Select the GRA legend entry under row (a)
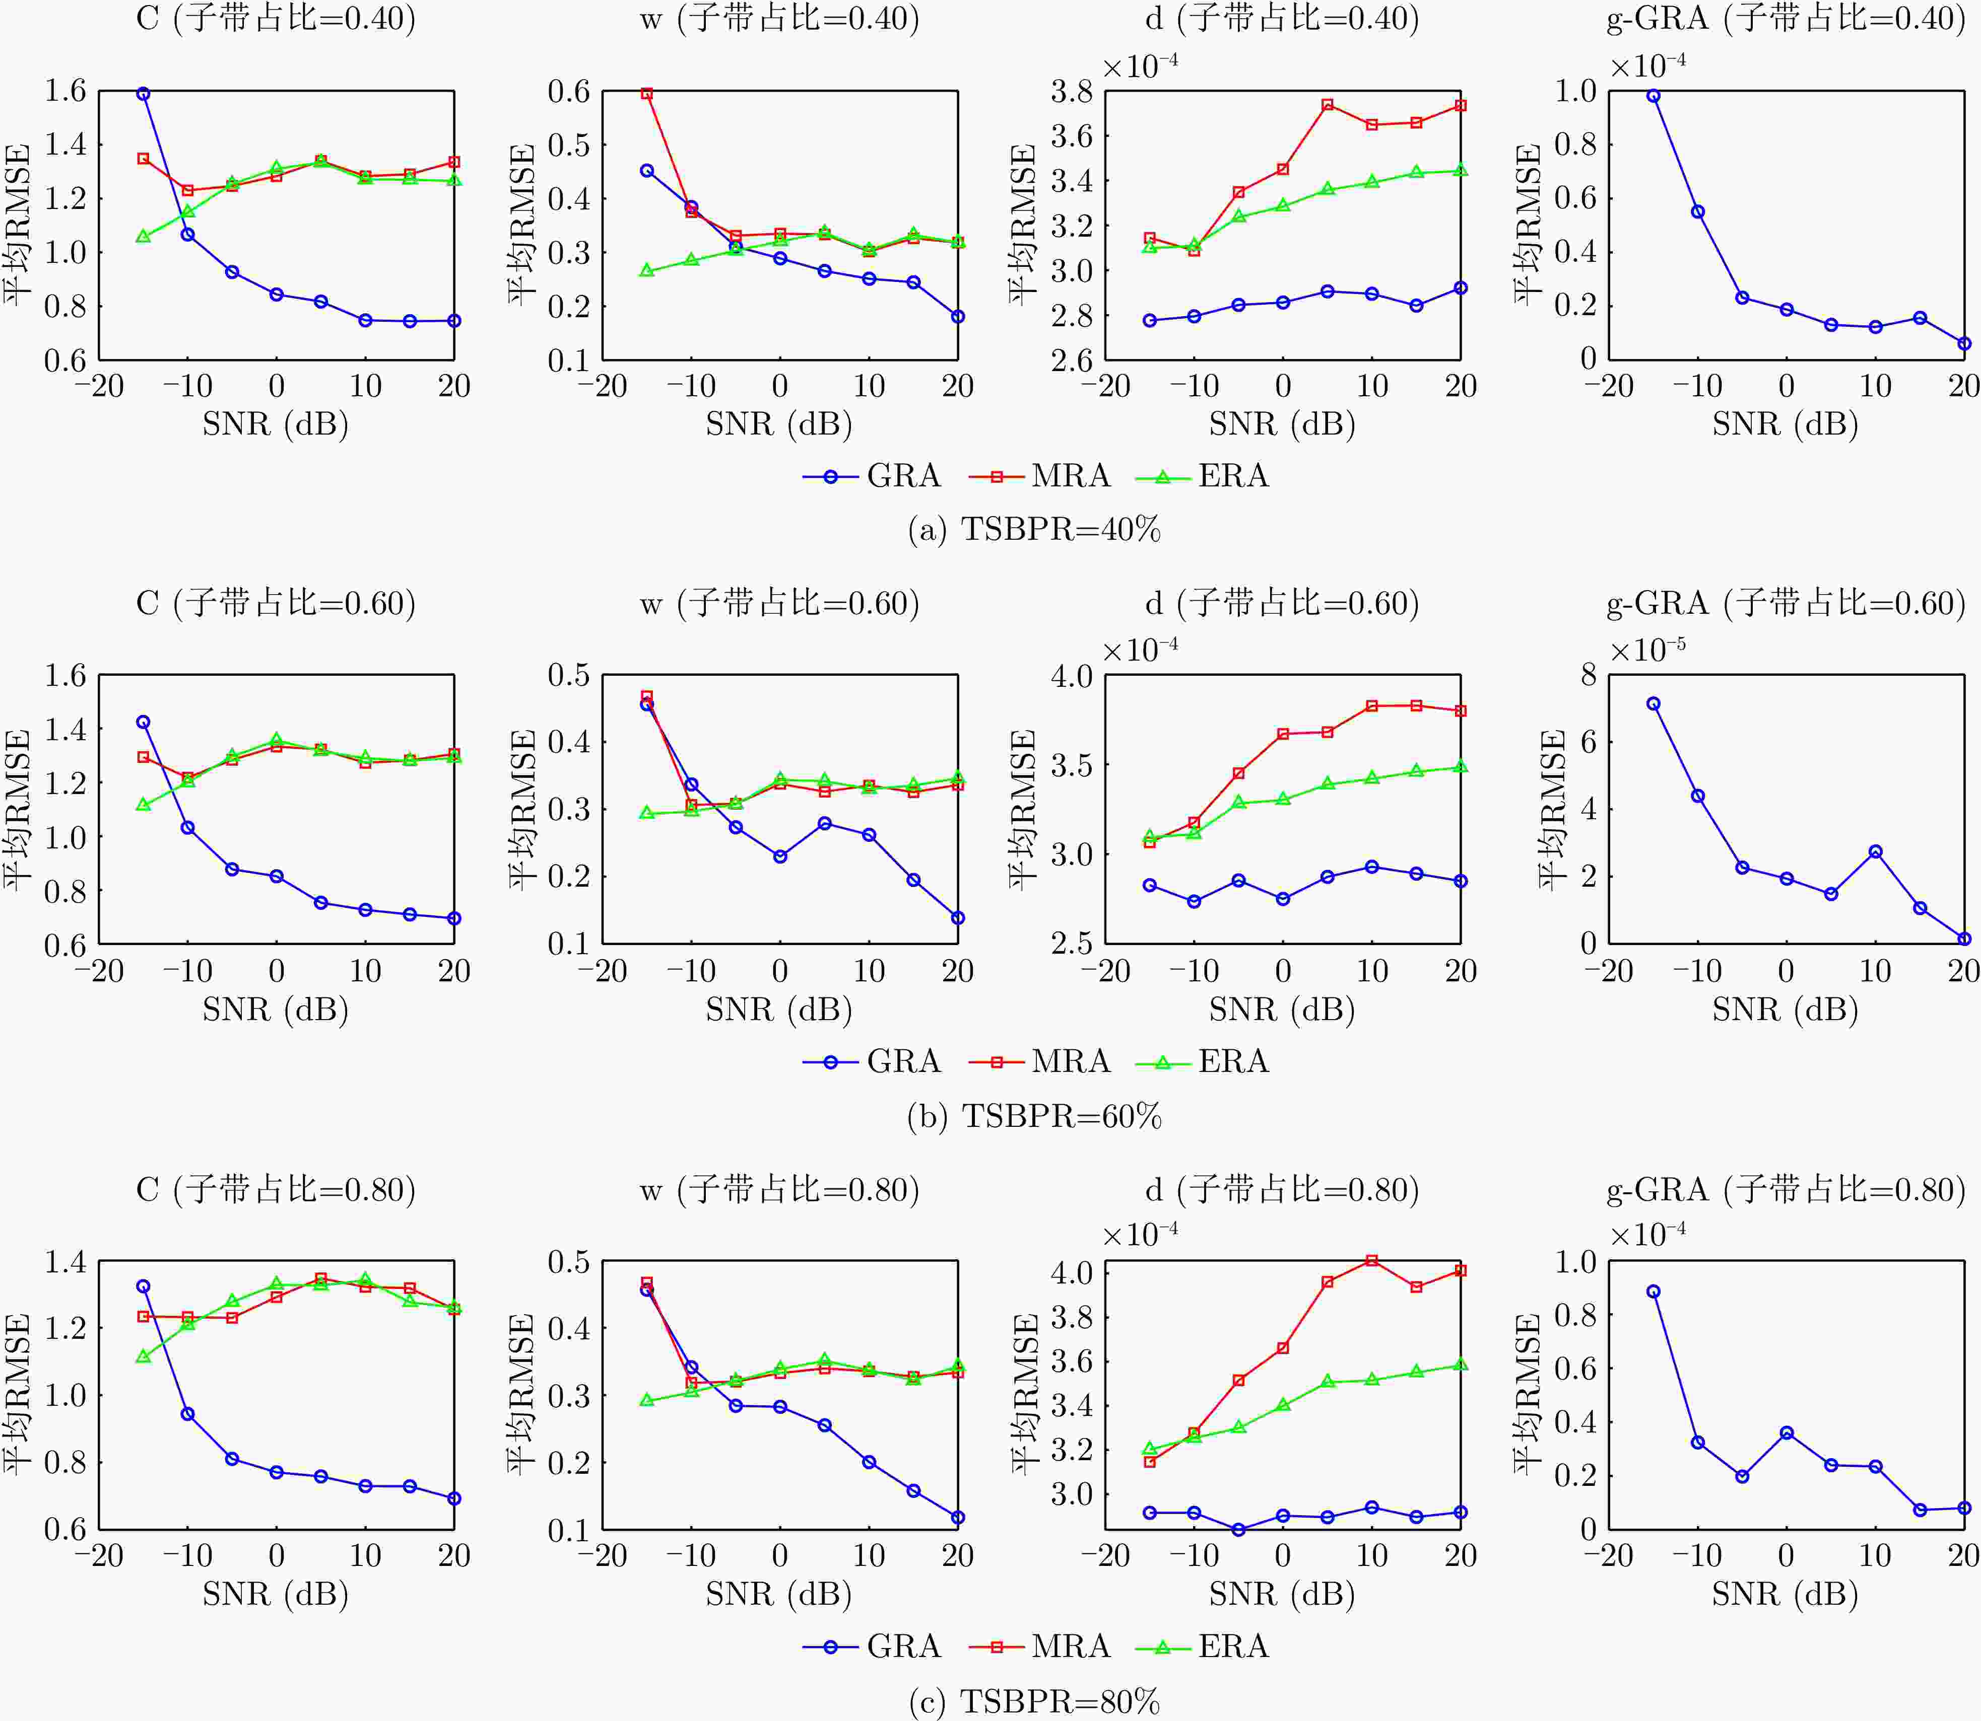[872, 476]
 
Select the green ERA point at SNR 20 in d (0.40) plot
[1460, 171]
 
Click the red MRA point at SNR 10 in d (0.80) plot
[1372, 1260]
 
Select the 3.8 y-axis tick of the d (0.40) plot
[1071, 92]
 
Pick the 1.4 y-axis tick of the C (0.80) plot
[65, 1261]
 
